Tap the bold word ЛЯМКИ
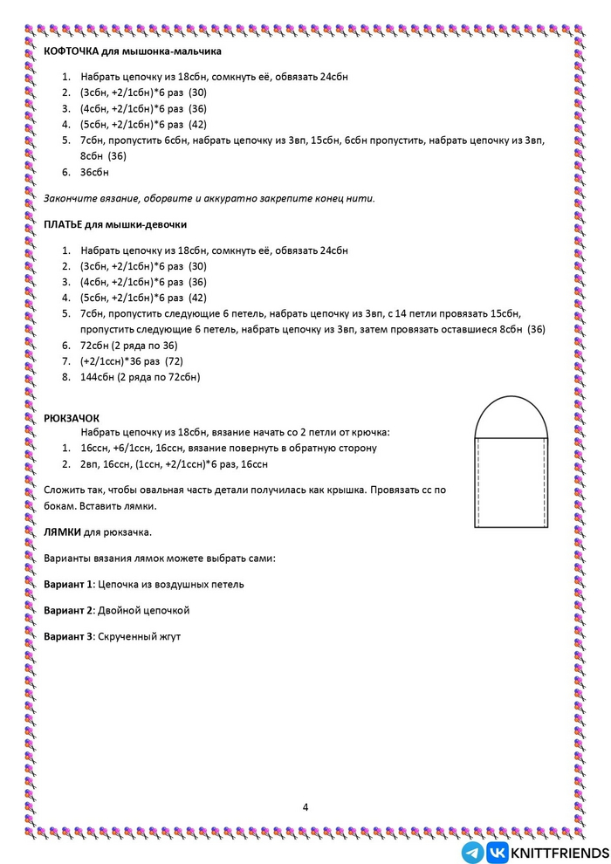(62, 531)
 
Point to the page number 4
(305, 806)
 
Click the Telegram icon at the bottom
(473, 852)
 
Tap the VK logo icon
(498, 852)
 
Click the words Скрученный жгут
(140, 636)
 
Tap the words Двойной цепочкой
(143, 610)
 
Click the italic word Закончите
(69, 198)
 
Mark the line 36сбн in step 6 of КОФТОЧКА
(94, 172)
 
